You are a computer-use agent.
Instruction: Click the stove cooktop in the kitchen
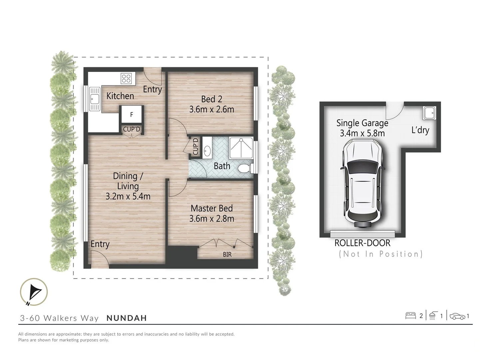pyautogui.click(x=126, y=79)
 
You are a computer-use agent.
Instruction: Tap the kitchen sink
pyautogui.click(x=95, y=99)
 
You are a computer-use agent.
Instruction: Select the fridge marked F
pyautogui.click(x=132, y=115)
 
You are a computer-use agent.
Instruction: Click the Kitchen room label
pyautogui.click(x=120, y=96)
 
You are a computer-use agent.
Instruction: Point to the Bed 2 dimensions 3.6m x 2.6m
pyautogui.click(x=212, y=109)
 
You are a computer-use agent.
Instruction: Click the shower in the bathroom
pyautogui.click(x=241, y=148)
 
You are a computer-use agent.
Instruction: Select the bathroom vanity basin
pyautogui.click(x=207, y=151)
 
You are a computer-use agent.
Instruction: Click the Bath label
pyautogui.click(x=222, y=166)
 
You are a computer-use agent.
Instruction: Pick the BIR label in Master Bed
pyautogui.click(x=227, y=254)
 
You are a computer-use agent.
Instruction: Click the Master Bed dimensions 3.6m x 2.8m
pyautogui.click(x=212, y=219)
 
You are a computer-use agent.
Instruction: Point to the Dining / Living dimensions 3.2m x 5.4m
pyautogui.click(x=128, y=196)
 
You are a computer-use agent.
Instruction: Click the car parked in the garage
pyautogui.click(x=362, y=183)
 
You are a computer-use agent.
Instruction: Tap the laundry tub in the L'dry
pyautogui.click(x=429, y=113)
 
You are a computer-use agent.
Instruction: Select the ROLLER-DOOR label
pyautogui.click(x=362, y=243)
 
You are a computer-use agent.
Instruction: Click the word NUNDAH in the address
pyautogui.click(x=127, y=318)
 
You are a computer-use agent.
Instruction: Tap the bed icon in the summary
pyautogui.click(x=410, y=316)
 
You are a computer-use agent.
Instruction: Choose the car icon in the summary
pyautogui.click(x=457, y=316)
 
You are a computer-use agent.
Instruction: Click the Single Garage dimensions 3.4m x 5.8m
pyautogui.click(x=362, y=133)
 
